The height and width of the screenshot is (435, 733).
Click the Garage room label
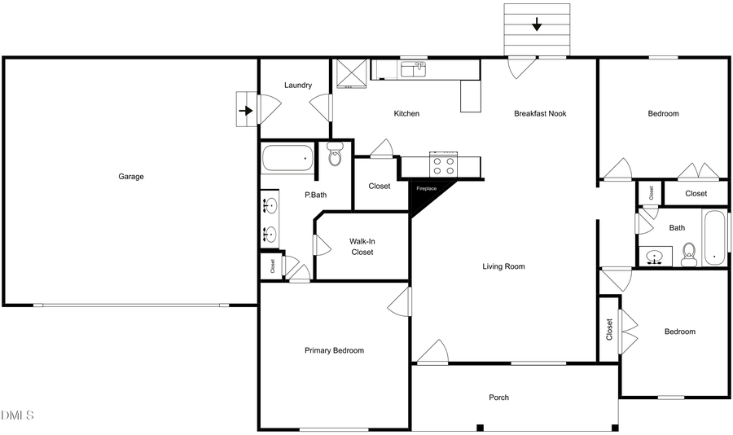131,176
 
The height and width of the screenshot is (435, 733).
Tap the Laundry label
298,86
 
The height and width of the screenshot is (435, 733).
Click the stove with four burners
444,165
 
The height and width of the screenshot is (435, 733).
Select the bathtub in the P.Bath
287,158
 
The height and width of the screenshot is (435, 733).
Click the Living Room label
503,266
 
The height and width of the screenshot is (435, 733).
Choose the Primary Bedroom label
334,350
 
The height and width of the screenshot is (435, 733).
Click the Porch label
498,398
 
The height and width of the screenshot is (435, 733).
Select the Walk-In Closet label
362,247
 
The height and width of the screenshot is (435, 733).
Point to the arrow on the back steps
536,24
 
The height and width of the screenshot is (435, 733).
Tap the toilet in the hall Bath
689,254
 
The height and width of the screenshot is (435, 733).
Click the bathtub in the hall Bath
714,238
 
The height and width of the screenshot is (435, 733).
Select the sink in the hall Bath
653,258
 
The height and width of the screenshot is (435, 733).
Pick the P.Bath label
315,195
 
